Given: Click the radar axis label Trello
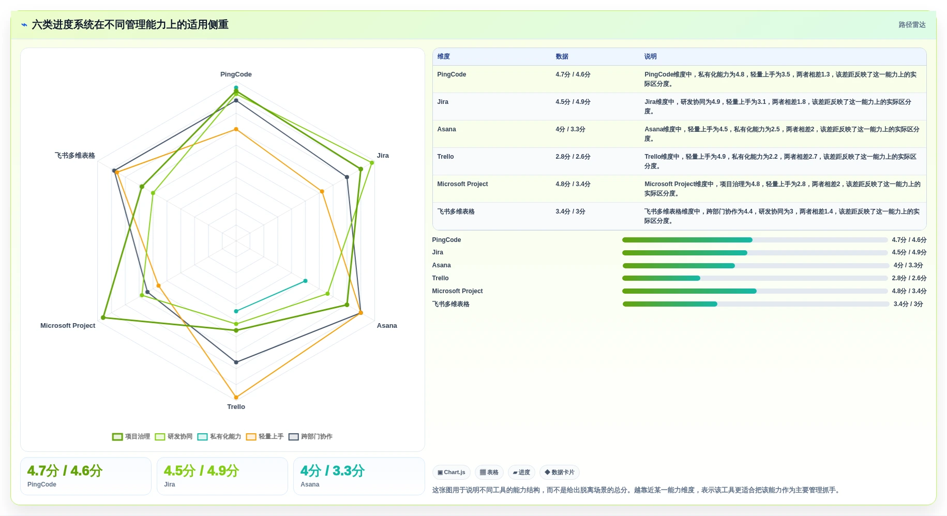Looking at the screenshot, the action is tap(236, 407).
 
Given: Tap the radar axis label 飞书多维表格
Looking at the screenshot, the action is tap(75, 156).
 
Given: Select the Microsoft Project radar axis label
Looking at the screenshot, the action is tap(68, 326).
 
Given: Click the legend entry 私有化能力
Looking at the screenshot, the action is tap(219, 437).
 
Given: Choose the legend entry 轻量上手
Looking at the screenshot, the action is tap(265, 437).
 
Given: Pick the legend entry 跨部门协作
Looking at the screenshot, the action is tap(310, 437).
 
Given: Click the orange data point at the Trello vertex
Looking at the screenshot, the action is tap(236, 398).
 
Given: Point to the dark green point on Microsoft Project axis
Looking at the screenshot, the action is tap(103, 317).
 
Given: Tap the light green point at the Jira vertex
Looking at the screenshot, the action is tap(371, 163).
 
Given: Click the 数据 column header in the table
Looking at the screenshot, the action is tap(562, 56).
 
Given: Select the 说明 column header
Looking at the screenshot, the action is tap(650, 56).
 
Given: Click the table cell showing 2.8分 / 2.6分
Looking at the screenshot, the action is tap(573, 157).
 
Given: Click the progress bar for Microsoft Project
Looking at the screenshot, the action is tap(755, 291).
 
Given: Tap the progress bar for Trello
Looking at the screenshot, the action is tap(755, 278).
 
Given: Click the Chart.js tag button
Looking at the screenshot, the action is tap(451, 473).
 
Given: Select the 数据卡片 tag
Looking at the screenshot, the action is tap(559, 473).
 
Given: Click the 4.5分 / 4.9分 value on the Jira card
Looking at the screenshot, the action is tap(201, 471).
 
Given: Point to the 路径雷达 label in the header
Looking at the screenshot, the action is tap(912, 25).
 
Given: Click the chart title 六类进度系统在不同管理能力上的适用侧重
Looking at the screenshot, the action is tap(130, 25).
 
